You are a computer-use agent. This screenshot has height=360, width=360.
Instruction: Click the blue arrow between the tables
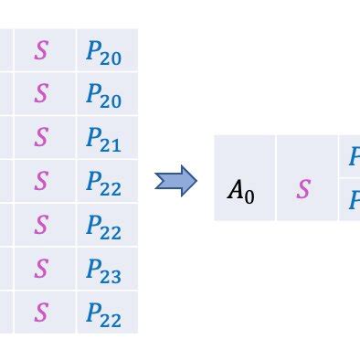(176, 180)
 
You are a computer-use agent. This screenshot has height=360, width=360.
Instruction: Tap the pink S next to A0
(304, 190)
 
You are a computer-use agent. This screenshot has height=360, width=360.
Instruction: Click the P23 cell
(105, 270)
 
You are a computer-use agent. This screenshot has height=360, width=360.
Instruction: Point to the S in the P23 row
(41, 270)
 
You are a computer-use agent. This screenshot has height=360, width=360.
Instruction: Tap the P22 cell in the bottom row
(105, 313)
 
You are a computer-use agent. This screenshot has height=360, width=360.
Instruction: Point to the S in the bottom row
(41, 313)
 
